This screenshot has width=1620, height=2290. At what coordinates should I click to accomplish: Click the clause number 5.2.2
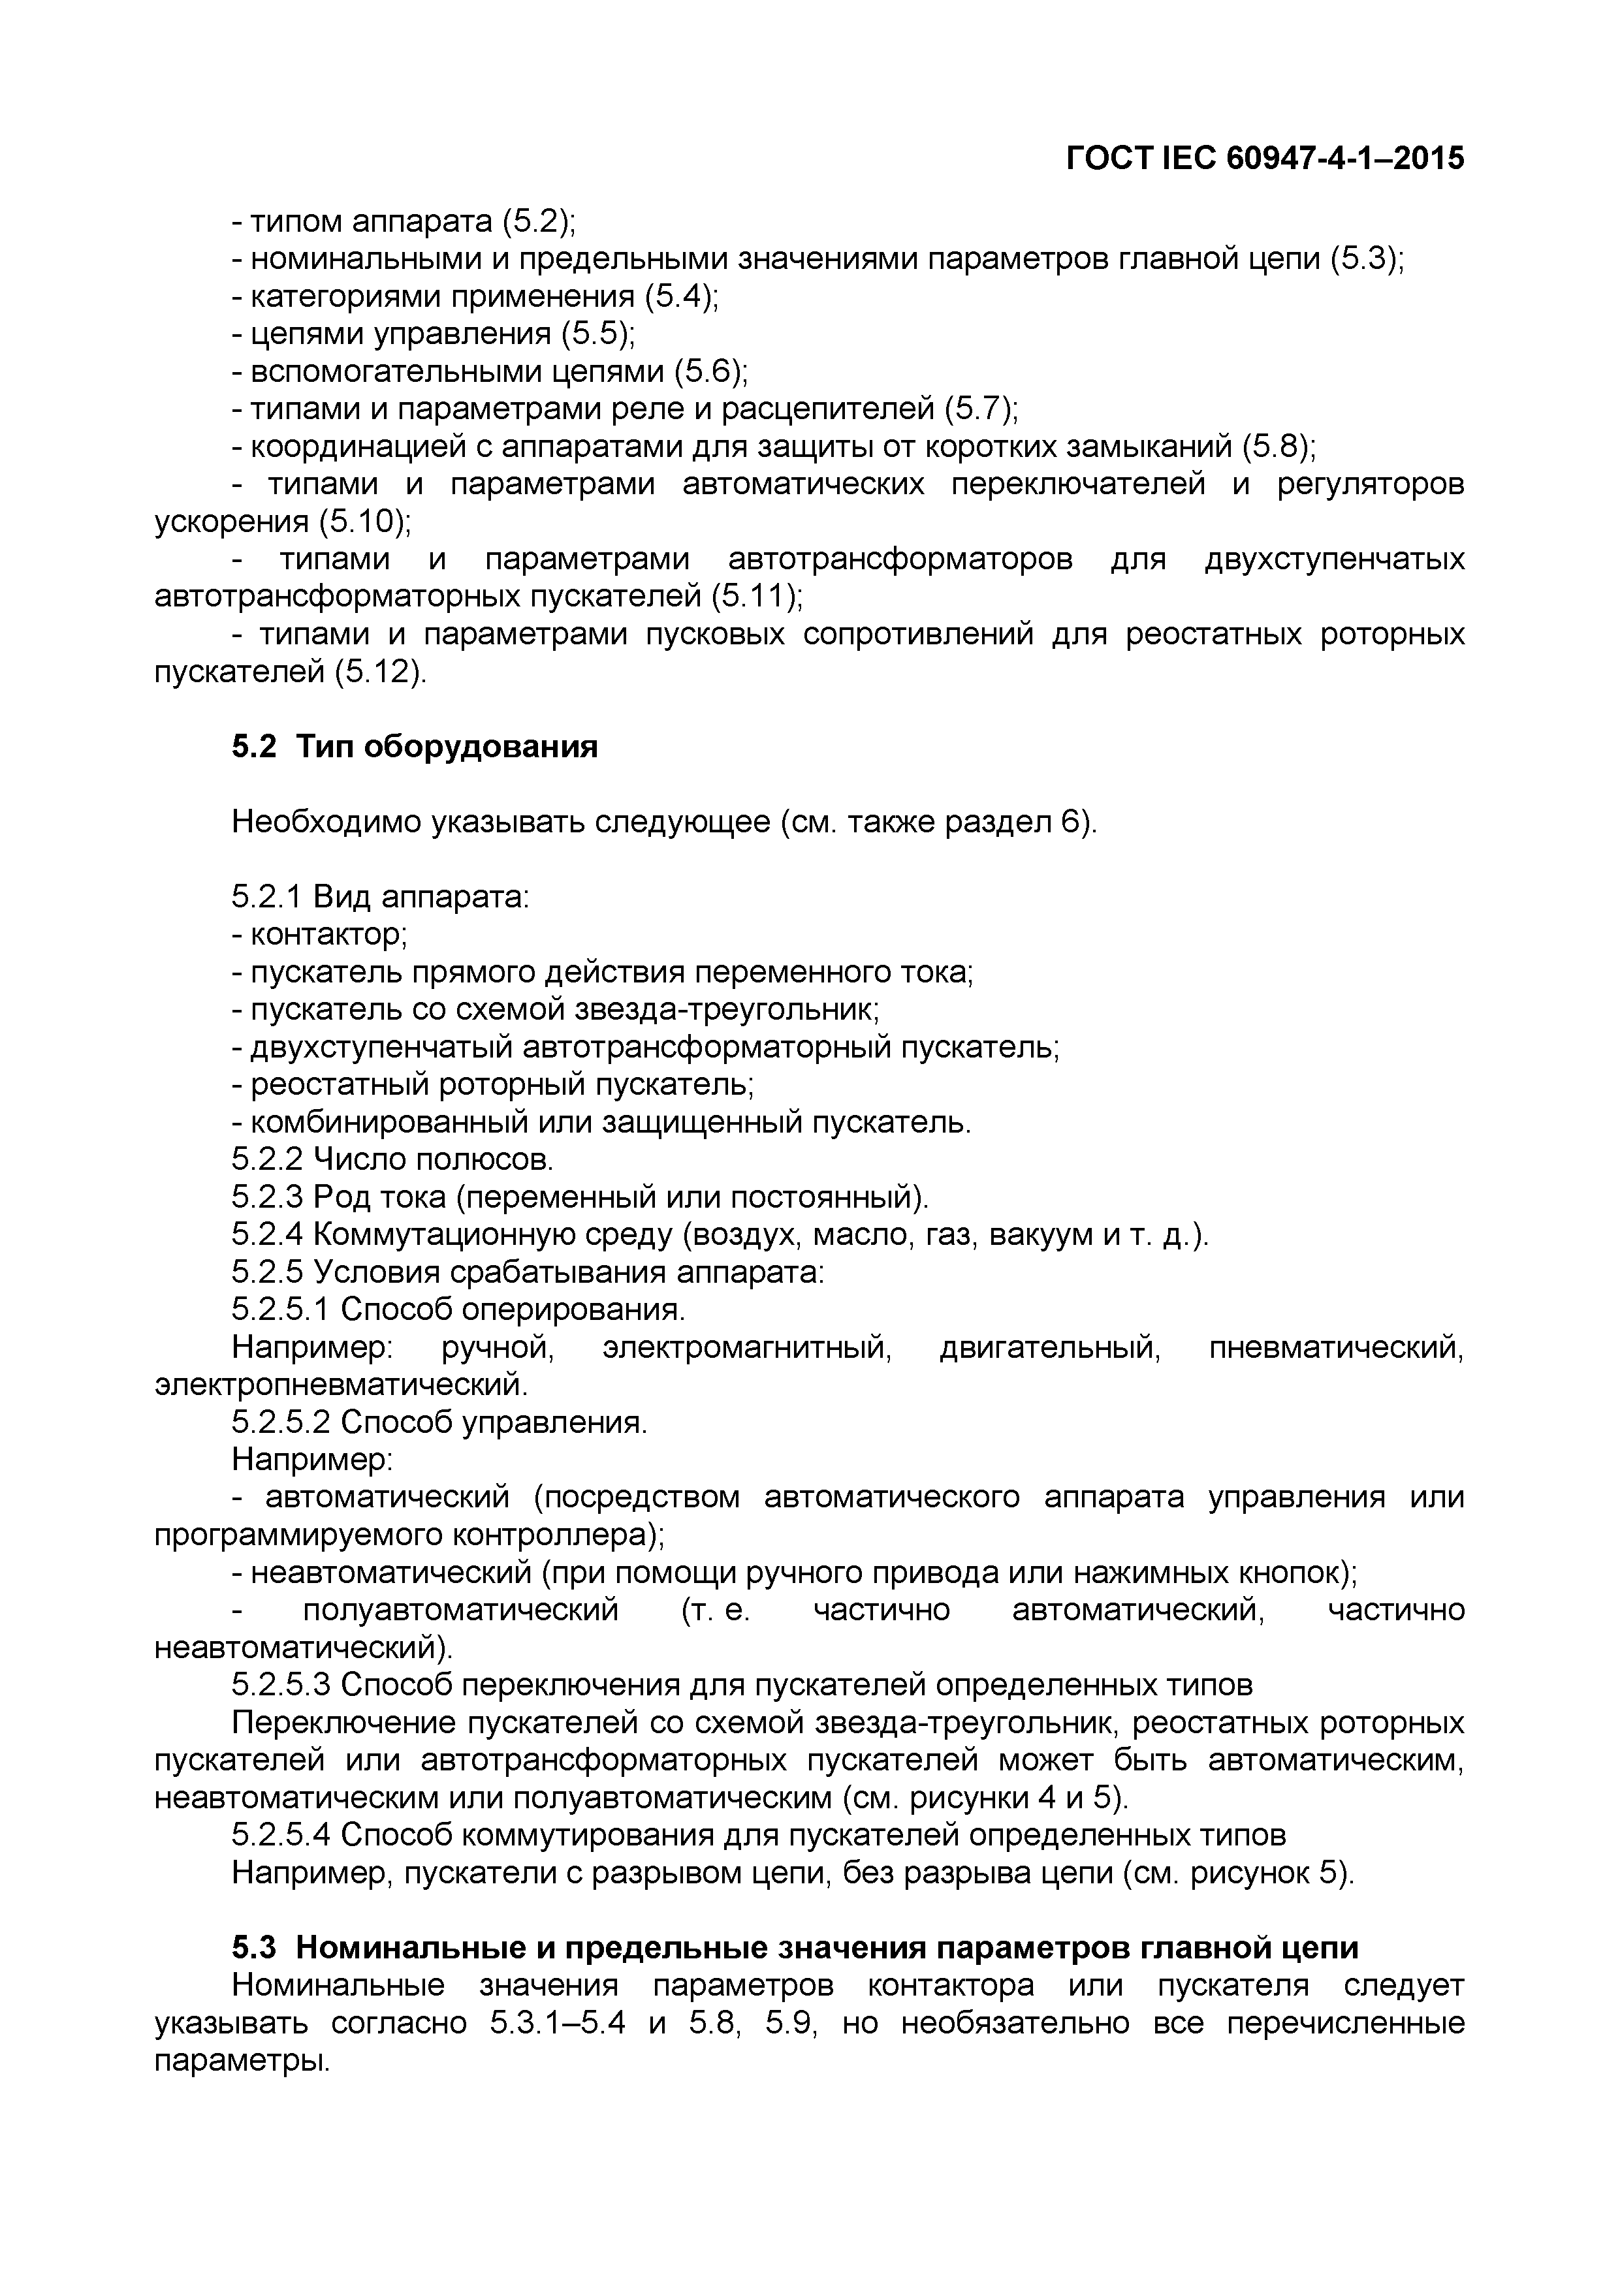tap(267, 1160)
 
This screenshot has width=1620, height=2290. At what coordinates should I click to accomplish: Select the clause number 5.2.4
tap(267, 1235)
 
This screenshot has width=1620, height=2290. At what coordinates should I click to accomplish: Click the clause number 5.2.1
tap(267, 898)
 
